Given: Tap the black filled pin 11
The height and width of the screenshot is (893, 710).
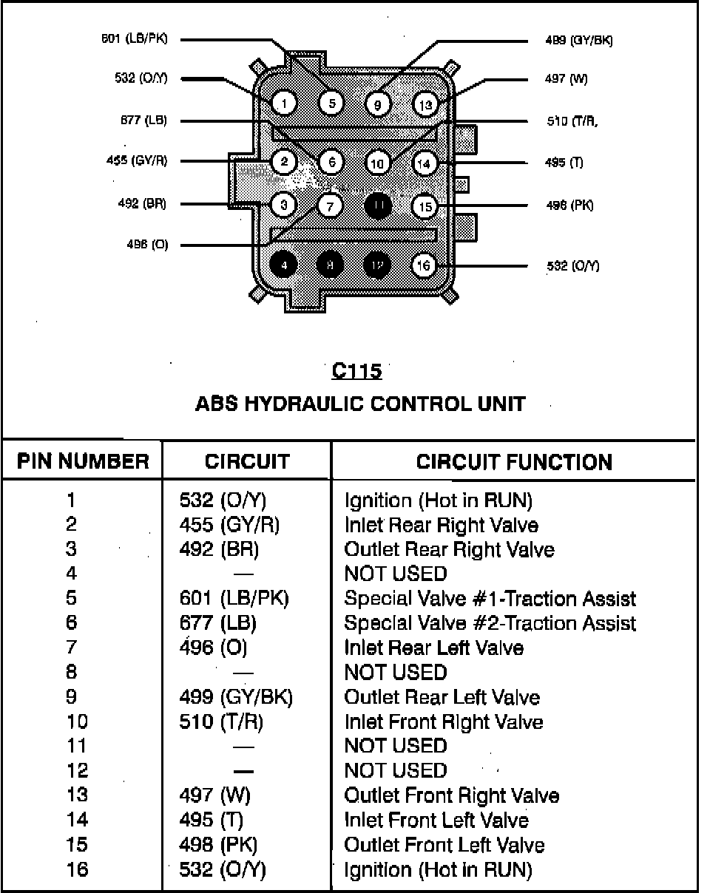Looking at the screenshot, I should [x=378, y=205].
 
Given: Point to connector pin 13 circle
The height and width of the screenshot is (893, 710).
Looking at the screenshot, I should [x=425, y=104].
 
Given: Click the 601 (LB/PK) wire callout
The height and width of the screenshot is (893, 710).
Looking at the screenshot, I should [x=134, y=38].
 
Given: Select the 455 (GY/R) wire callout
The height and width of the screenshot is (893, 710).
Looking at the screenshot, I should [x=137, y=161].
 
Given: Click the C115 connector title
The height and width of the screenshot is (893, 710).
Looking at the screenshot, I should [x=356, y=371].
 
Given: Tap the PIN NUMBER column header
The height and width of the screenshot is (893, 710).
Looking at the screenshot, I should [x=83, y=463].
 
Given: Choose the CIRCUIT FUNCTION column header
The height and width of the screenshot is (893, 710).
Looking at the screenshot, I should [x=514, y=463].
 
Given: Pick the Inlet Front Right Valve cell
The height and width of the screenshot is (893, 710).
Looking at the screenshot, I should [x=444, y=721].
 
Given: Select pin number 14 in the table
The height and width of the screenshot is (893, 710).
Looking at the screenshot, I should [x=77, y=820].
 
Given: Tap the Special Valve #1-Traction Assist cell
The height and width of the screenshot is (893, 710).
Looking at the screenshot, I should [x=490, y=598].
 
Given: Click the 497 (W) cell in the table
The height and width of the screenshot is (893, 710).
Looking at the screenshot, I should [x=215, y=795].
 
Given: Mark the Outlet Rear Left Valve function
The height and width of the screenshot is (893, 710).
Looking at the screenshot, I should [x=442, y=697].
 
